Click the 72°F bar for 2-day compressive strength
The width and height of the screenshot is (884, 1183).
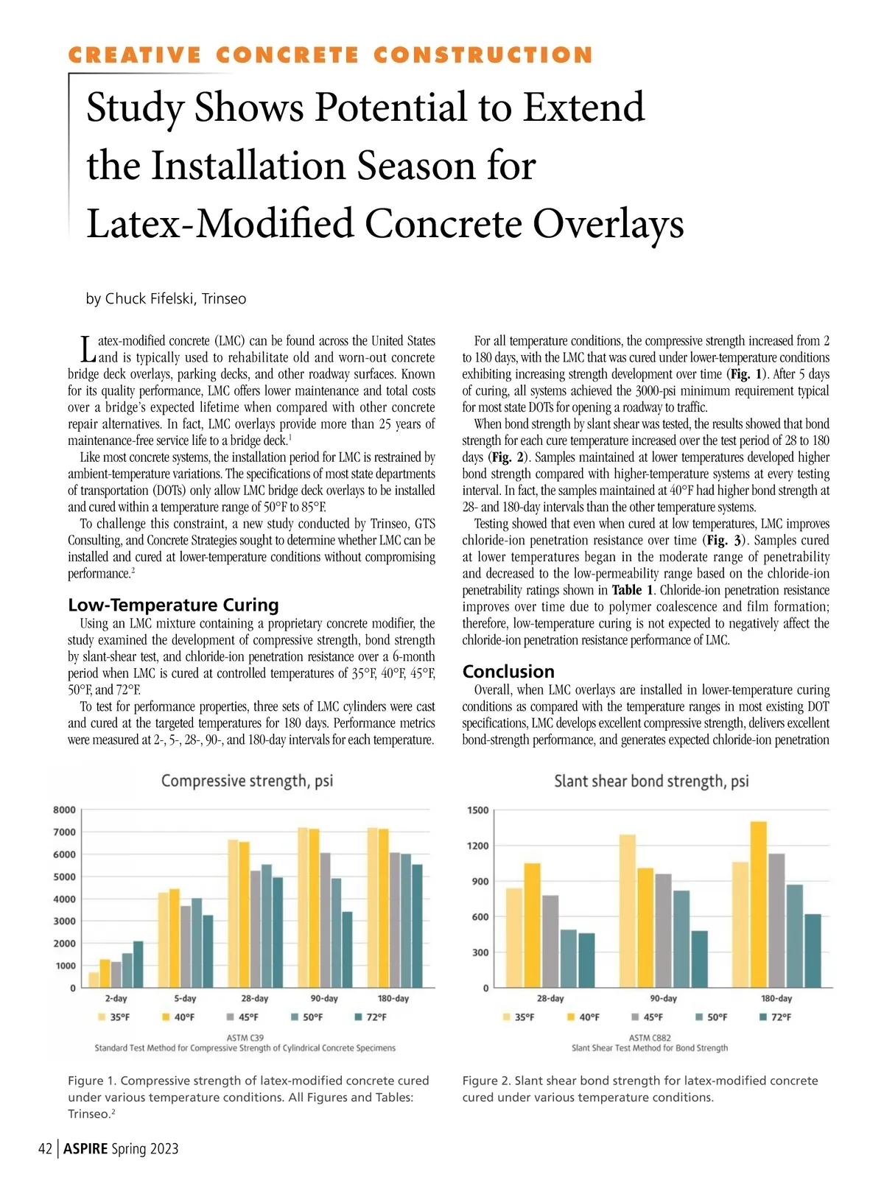coord(138,964)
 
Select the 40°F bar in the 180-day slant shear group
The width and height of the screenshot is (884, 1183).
coord(759,905)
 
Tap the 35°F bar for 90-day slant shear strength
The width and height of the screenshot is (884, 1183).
coord(628,911)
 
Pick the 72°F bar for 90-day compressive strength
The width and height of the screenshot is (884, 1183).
coord(347,949)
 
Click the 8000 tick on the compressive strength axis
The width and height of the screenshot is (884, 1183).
coord(64,810)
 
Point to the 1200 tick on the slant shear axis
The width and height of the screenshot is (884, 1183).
coord(478,846)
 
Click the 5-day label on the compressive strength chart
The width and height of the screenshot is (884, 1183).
coord(185,999)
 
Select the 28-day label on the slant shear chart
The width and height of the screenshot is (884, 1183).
coord(550,999)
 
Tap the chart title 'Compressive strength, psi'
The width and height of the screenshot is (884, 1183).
coord(247,781)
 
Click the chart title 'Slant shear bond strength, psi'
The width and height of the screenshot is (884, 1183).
coord(651,782)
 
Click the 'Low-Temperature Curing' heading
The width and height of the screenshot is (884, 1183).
coord(173,605)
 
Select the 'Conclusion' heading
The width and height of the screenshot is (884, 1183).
coord(508,672)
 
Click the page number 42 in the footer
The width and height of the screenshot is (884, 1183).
coord(45,1149)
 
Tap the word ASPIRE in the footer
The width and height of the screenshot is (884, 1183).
coord(85,1149)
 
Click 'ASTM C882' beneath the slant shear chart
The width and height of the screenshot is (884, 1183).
coord(650,1038)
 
